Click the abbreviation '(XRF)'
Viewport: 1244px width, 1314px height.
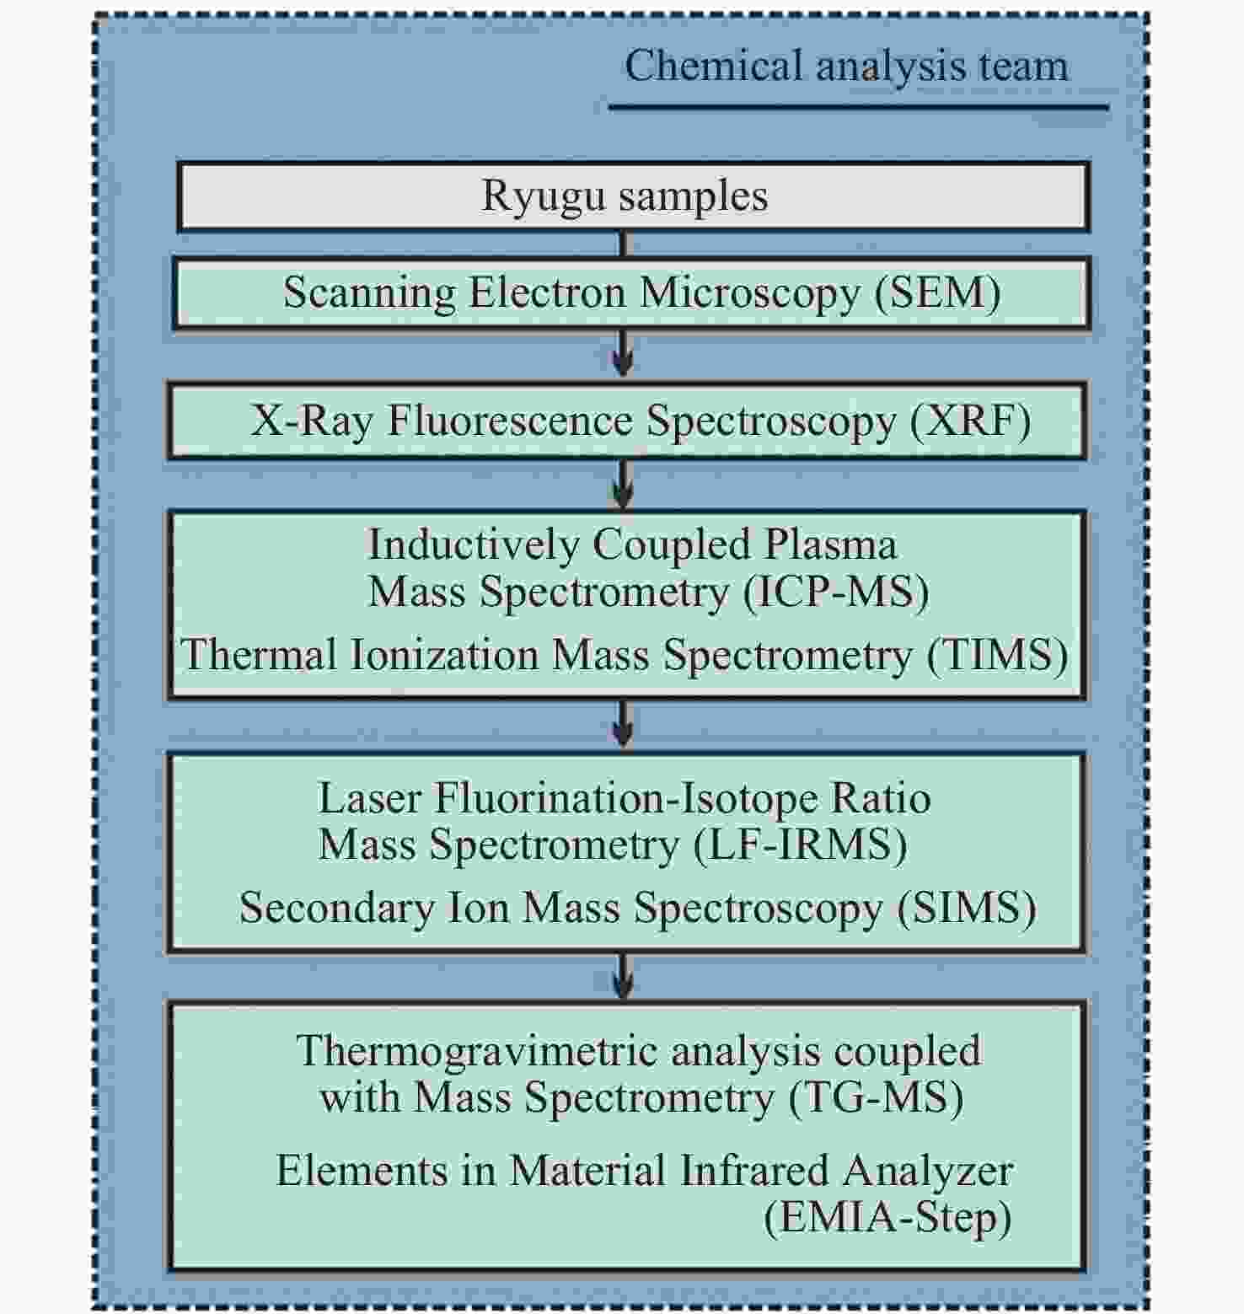click(x=970, y=421)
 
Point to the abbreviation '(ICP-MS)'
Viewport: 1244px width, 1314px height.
click(x=835, y=592)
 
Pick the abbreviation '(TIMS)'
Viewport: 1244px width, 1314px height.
click(x=997, y=656)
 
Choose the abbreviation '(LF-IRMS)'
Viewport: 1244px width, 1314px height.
click(x=800, y=845)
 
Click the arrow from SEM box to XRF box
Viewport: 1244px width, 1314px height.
click(x=623, y=352)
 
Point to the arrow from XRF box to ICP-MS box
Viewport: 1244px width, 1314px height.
click(x=623, y=484)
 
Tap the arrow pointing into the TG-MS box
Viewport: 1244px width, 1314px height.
click(x=623, y=976)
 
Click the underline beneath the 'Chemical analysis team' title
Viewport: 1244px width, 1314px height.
click(x=858, y=108)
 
